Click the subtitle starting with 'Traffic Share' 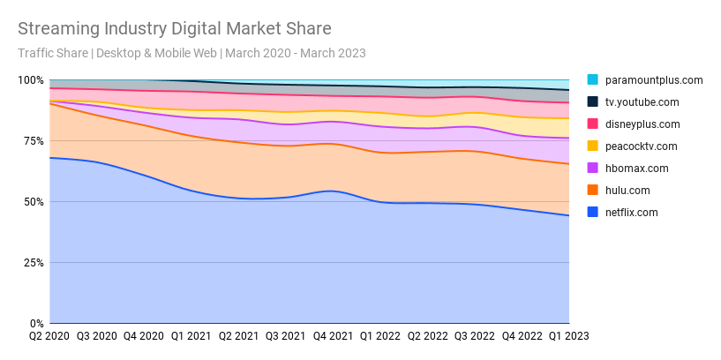(192, 53)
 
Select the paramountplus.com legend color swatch (592, 80)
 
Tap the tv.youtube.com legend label (642, 102)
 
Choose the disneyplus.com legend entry (642, 124)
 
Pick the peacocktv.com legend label (641, 146)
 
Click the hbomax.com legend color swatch (592, 169)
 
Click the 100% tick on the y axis (31, 80)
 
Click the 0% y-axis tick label (36, 324)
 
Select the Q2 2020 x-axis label (49, 336)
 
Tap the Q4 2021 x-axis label (333, 336)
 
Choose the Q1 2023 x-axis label (568, 336)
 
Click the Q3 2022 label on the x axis (475, 336)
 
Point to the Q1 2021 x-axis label (192, 336)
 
